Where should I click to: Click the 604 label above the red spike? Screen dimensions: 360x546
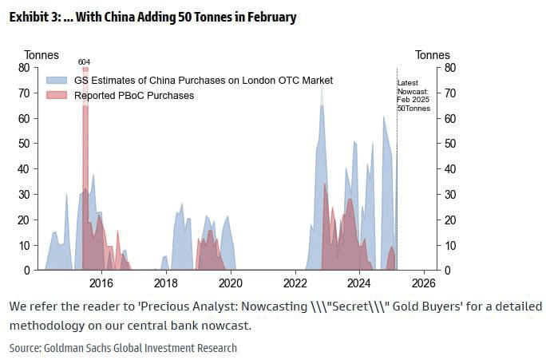(x=84, y=61)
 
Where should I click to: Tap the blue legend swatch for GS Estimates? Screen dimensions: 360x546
(x=57, y=81)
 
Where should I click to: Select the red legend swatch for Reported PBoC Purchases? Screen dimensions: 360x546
(x=57, y=95)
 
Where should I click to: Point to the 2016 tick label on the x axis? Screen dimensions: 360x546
(x=101, y=283)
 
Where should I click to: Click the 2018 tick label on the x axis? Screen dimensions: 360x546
(x=165, y=283)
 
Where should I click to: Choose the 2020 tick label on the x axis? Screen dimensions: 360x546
(x=230, y=283)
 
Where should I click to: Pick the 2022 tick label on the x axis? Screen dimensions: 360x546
(x=295, y=283)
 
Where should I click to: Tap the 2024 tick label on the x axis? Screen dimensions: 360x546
(x=359, y=283)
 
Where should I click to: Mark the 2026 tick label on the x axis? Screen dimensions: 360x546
(x=424, y=283)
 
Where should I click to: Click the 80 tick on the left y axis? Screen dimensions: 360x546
(x=24, y=68)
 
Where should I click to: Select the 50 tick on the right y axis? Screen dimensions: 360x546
(x=449, y=144)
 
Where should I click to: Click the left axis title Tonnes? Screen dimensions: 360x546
(x=42, y=55)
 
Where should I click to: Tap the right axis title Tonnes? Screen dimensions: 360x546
(x=432, y=55)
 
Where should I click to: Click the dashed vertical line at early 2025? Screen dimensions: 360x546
(x=397, y=176)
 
